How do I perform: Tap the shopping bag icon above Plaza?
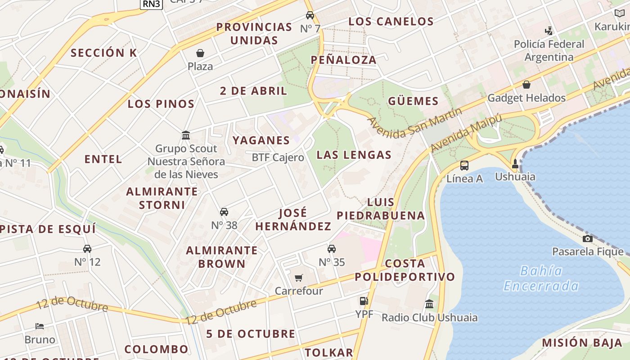pyautogui.click(x=200, y=54)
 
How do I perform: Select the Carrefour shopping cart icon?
pyautogui.click(x=299, y=278)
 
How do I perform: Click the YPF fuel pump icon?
pyautogui.click(x=364, y=301)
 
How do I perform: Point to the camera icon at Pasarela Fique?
pyautogui.click(x=587, y=238)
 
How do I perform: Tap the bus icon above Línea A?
pyautogui.click(x=464, y=165)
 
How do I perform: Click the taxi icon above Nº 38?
pyautogui.click(x=224, y=212)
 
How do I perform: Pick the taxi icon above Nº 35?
pyautogui.click(x=332, y=249)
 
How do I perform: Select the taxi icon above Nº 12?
pyautogui.click(x=87, y=248)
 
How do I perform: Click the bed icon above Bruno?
pyautogui.click(x=40, y=326)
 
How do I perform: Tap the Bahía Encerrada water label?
pyautogui.click(x=541, y=278)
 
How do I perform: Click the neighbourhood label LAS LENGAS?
pyautogui.click(x=354, y=155)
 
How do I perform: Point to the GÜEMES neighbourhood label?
pyautogui.click(x=413, y=101)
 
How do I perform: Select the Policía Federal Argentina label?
pyautogui.click(x=549, y=50)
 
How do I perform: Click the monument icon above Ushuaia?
pyautogui.click(x=515, y=164)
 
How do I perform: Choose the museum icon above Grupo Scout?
pyautogui.click(x=186, y=135)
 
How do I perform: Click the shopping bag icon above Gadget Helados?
pyautogui.click(x=526, y=85)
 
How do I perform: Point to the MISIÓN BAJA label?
pyautogui.click(x=582, y=342)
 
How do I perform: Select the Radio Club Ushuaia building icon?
pyautogui.click(x=429, y=304)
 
